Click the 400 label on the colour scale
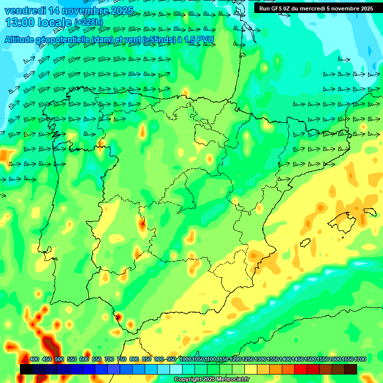click(34, 360)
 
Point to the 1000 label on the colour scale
click(185, 360)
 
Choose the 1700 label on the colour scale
click(360, 360)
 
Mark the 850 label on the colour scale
click(147, 360)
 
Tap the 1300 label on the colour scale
click(260, 360)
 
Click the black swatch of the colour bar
click(26, 369)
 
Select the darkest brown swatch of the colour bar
click(351, 369)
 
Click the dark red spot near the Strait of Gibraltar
click(119, 316)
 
